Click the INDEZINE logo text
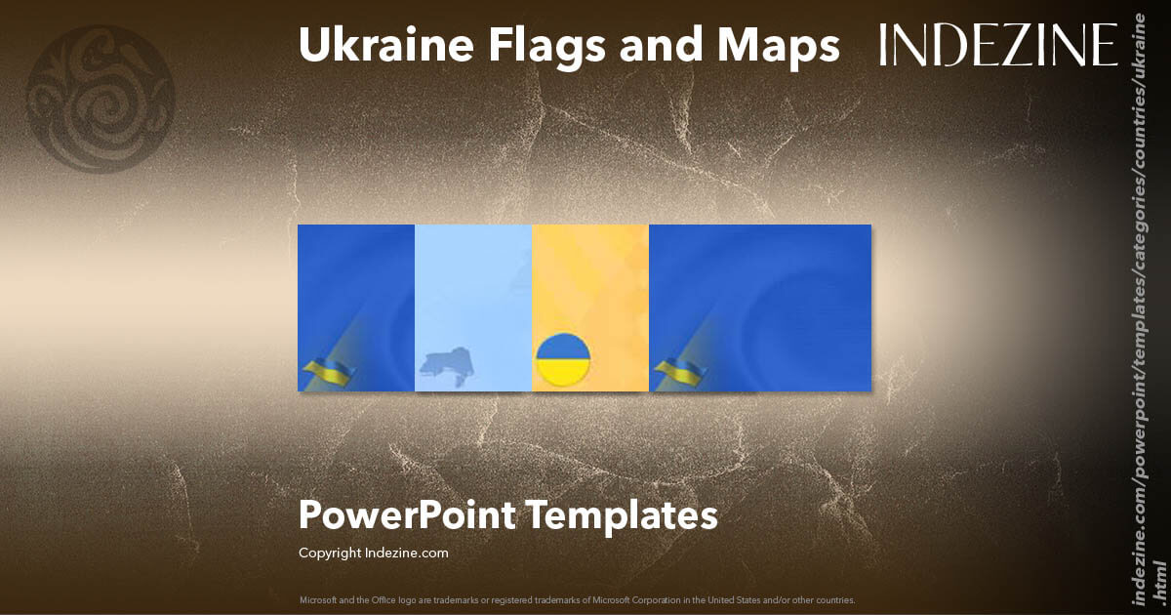[x=998, y=45]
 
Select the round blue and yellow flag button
[x=564, y=359]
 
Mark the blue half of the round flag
[x=564, y=346]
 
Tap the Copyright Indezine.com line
[x=374, y=553]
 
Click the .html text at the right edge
[x=1159, y=582]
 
